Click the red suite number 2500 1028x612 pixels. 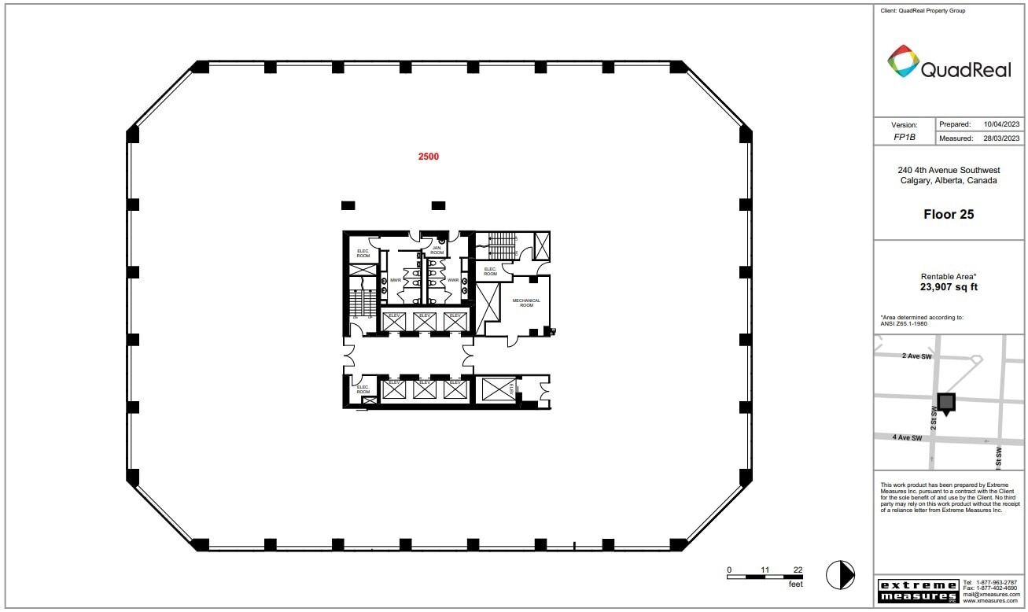[429, 157]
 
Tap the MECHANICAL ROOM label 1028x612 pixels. [526, 302]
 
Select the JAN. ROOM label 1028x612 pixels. [437, 250]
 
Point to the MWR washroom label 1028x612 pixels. [396, 280]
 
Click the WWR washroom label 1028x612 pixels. [452, 280]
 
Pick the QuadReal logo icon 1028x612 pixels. [903, 61]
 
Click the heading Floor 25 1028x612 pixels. [949, 214]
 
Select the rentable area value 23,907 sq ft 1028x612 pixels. [949, 287]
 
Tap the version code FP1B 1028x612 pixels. [904, 137]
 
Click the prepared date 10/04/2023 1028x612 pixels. [1001, 124]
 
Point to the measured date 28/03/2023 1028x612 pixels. [1001, 138]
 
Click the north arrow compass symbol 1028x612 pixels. [840, 575]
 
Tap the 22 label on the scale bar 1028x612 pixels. [798, 570]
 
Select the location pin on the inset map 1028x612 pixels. [946, 404]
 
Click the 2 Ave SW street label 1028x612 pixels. [916, 356]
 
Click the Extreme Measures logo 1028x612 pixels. [917, 591]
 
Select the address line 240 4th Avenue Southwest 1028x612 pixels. [949, 170]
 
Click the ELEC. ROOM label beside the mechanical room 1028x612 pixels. [490, 271]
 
